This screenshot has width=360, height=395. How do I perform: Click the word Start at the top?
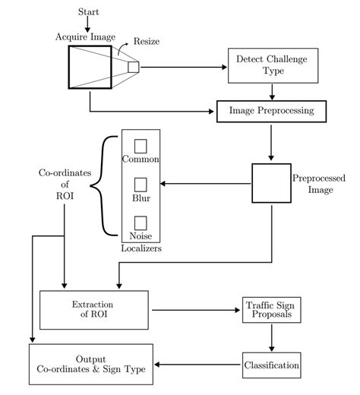coord(89,12)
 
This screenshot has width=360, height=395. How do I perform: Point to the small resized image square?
coord(134,67)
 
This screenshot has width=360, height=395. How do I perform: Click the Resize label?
coord(146,42)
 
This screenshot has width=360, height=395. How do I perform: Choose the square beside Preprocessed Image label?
coord(271,183)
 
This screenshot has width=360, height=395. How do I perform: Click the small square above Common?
coord(141,146)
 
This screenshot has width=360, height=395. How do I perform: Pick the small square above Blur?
coord(141,185)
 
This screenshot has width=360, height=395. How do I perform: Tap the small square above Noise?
coord(141,223)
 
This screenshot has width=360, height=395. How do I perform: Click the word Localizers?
coord(141,248)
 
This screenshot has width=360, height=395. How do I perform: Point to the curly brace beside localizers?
coord(107,184)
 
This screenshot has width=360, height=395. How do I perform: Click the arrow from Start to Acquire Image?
coord(89,24)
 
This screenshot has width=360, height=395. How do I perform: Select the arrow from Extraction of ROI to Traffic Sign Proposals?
coord(195,310)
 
